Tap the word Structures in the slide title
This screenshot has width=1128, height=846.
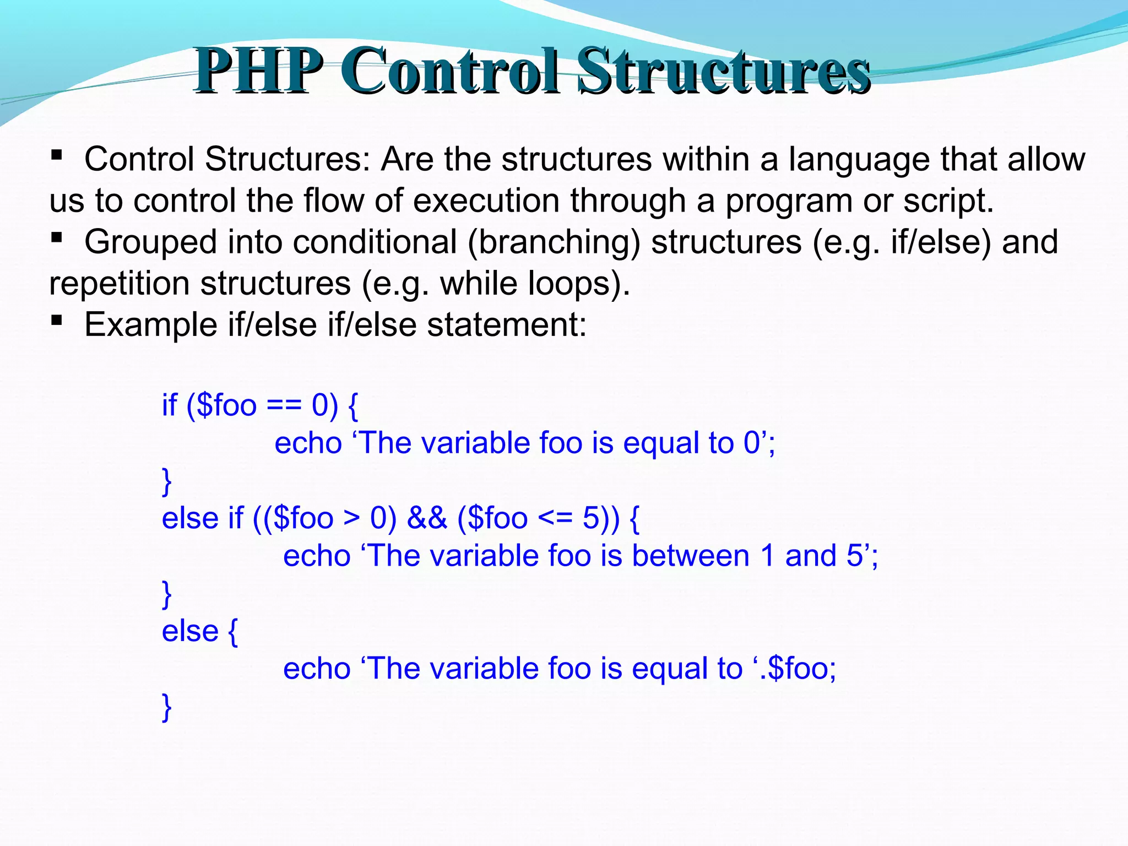(724, 72)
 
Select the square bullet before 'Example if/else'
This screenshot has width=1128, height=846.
(56, 320)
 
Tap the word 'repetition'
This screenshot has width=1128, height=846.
(119, 284)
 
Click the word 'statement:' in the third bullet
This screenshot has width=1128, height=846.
(507, 325)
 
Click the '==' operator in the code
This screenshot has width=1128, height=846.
(284, 406)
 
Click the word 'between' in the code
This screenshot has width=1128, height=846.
(691, 556)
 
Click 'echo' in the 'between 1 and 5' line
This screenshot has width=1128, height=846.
(317, 556)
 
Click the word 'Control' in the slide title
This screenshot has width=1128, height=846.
(449, 72)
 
